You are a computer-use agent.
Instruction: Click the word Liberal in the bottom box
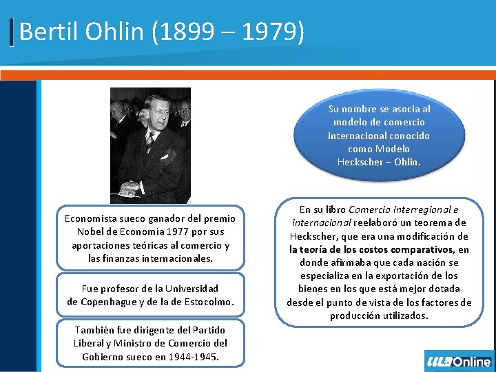[92, 343]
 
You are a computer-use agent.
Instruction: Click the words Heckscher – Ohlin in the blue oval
[378, 162]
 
